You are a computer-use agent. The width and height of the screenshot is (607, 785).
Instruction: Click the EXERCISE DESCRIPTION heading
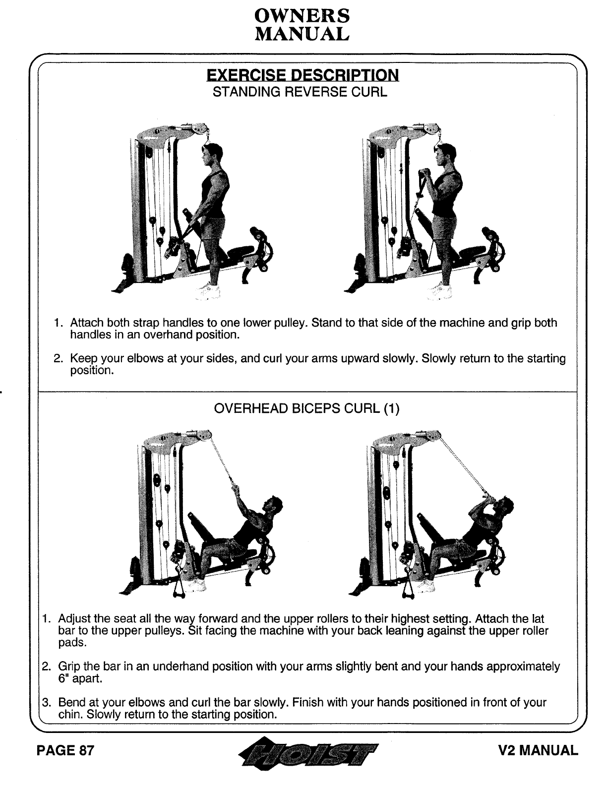coord(302,75)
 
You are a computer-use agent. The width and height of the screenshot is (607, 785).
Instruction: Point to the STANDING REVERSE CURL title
coord(300,92)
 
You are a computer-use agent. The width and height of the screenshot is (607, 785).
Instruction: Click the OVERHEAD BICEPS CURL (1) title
coord(306,409)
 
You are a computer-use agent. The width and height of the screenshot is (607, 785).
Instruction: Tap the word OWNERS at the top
coord(302,16)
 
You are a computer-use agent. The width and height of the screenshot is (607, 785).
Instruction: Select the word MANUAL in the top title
coord(302,34)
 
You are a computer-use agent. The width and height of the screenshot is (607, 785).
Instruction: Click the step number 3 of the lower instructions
coord(46,703)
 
